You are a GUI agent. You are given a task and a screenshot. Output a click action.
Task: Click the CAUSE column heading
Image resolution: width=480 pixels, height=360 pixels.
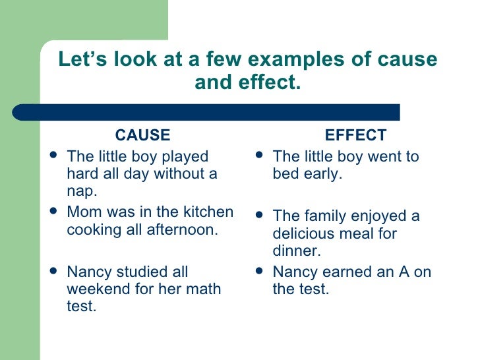(x=142, y=136)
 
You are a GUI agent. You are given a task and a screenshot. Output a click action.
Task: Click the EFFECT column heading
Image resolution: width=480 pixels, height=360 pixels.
(x=356, y=136)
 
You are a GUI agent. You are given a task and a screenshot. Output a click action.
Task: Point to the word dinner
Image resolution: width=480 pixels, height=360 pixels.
(x=295, y=251)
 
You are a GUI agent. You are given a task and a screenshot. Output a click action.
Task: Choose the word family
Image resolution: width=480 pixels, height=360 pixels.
(x=323, y=216)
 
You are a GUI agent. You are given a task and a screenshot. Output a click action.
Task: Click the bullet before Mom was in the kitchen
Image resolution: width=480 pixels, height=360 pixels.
(x=53, y=212)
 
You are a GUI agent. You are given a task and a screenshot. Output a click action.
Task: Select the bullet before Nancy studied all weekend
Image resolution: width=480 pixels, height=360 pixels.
(x=53, y=272)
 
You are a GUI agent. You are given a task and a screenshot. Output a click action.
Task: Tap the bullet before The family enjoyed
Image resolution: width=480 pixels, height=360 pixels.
(x=258, y=216)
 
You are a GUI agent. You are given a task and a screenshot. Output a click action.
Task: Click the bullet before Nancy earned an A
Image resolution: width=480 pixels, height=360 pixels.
(x=258, y=272)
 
